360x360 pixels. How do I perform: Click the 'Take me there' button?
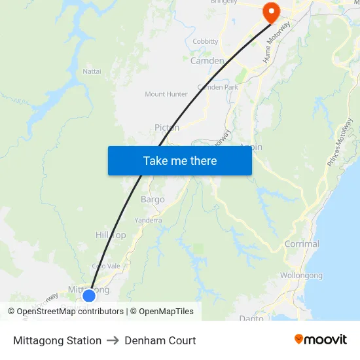[x=180, y=160]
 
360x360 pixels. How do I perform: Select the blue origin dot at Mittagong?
[x=89, y=296]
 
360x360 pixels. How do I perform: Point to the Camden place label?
[x=207, y=61]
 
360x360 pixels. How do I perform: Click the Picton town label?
[x=167, y=128]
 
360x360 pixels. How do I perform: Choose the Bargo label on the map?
[x=153, y=199]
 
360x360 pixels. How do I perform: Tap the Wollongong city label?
[x=301, y=276]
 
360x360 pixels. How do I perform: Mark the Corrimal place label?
[x=302, y=244]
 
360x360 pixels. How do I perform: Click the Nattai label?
[x=92, y=71]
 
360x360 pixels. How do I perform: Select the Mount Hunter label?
[x=166, y=94]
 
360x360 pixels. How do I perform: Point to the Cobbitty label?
[x=206, y=41]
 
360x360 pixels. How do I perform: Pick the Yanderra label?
[x=148, y=221]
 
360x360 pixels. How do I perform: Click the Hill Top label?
[x=111, y=235]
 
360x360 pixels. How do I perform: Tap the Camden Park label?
[x=218, y=87]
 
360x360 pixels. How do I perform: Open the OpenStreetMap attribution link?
[x=70, y=312]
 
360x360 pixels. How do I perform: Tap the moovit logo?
[x=321, y=340]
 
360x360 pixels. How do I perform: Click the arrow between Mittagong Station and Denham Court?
[x=113, y=340]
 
